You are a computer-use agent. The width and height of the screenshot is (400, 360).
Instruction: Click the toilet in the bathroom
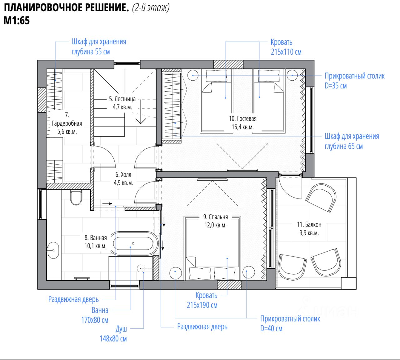point(76,198)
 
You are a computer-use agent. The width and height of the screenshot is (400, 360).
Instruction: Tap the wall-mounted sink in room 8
point(53,250)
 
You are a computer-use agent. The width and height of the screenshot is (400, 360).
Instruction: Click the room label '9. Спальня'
point(216,217)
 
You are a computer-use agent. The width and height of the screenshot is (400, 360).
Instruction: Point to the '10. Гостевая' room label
point(243,119)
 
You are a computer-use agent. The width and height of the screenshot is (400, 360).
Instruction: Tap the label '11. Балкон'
point(309,225)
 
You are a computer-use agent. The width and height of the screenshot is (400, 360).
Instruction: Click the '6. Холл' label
point(123,175)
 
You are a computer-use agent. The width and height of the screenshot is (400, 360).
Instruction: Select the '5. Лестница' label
point(122,99)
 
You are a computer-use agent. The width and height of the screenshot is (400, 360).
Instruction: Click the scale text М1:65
point(17,20)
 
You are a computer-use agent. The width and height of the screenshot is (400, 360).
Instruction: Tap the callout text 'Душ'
point(121,329)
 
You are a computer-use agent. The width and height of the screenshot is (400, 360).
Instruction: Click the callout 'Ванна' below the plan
point(100,310)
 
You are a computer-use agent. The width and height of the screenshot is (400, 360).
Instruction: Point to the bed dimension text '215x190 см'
point(202,305)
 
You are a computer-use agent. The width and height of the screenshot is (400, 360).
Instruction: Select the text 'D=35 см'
point(336,86)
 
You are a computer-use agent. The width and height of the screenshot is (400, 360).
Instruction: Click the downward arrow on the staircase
point(141,111)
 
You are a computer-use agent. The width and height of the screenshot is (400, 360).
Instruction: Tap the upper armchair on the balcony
point(321,198)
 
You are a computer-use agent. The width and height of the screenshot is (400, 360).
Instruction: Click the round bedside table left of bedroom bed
point(176,273)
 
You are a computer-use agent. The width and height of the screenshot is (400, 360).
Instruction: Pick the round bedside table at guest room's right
point(292,75)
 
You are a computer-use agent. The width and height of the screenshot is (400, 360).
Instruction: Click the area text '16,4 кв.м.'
point(243,127)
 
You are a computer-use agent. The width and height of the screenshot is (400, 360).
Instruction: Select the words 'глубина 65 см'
point(344,146)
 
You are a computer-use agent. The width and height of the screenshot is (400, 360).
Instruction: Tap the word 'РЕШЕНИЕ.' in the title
point(107,8)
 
